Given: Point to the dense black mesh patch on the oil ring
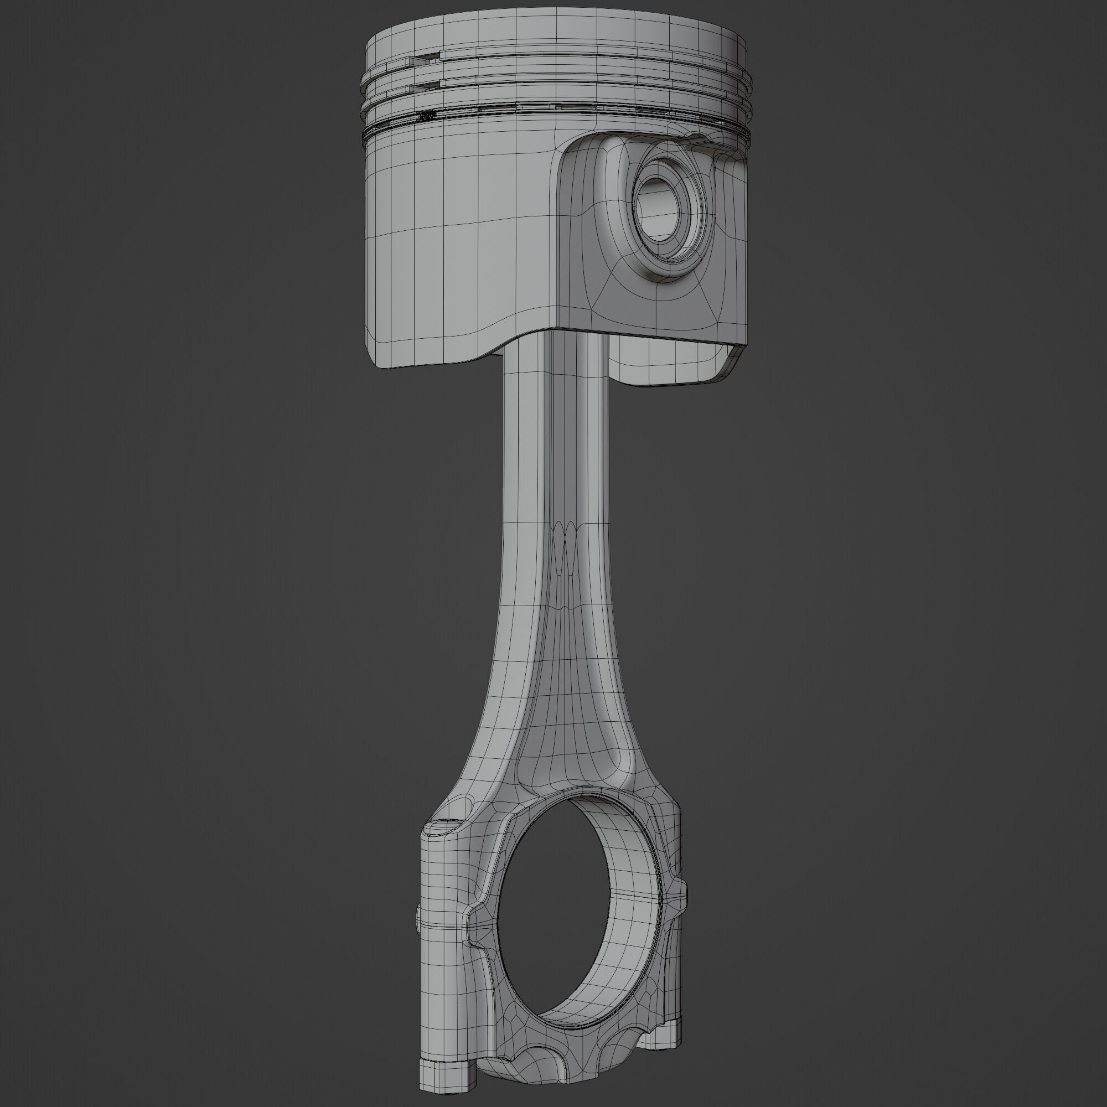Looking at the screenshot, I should point(427,116).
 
